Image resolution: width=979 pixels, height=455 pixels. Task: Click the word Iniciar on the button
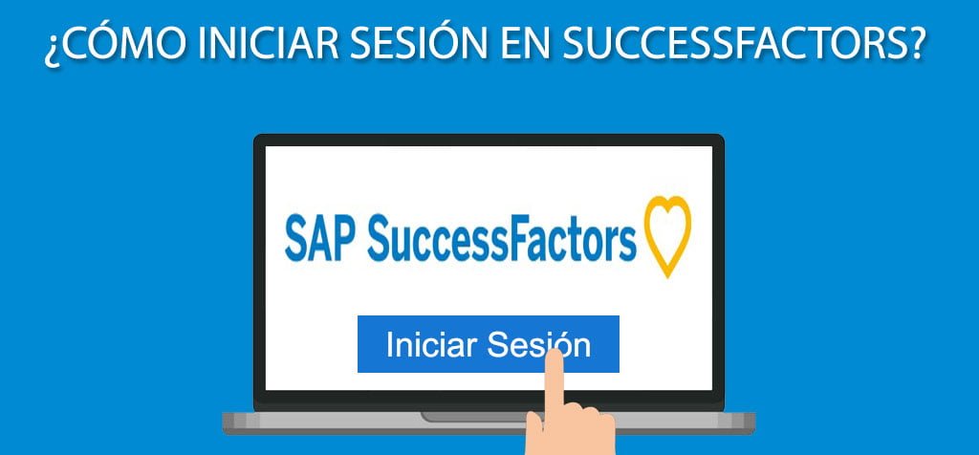(430, 344)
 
